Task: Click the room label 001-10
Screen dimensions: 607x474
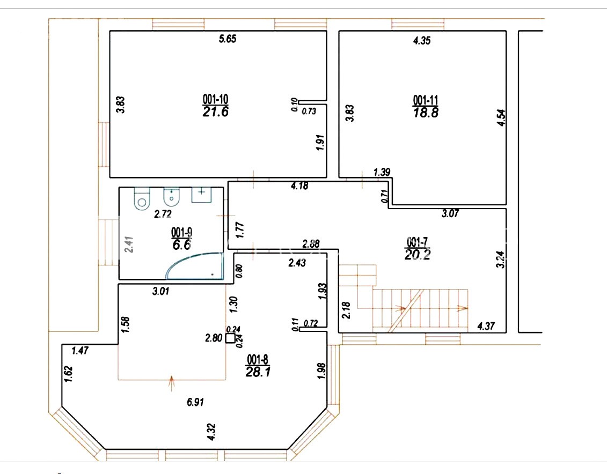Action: (x=215, y=99)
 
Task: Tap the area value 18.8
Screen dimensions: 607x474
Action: (x=426, y=113)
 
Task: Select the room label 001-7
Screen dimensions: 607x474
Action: (x=417, y=242)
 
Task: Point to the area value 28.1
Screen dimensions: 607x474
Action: (x=258, y=372)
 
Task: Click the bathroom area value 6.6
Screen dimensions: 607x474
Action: (x=181, y=245)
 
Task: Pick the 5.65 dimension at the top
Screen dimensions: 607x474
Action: (x=227, y=39)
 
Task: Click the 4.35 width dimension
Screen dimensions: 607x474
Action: (x=421, y=41)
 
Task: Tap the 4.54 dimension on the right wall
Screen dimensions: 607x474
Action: (x=501, y=117)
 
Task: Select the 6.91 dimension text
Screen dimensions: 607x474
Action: (x=195, y=402)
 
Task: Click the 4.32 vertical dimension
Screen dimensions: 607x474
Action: (x=211, y=432)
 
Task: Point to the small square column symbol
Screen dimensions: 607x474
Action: (x=230, y=338)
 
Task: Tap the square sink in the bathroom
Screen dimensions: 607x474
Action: (x=201, y=195)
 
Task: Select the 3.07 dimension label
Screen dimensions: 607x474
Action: (x=450, y=213)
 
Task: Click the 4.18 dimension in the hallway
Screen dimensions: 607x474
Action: (x=299, y=186)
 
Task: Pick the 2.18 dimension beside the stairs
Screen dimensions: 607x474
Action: (x=347, y=310)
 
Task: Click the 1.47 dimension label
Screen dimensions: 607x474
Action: (x=80, y=351)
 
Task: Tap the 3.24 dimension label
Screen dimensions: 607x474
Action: (x=501, y=260)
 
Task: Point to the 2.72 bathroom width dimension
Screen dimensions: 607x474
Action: (x=163, y=214)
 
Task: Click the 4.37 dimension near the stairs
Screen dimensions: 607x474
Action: (x=486, y=326)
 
